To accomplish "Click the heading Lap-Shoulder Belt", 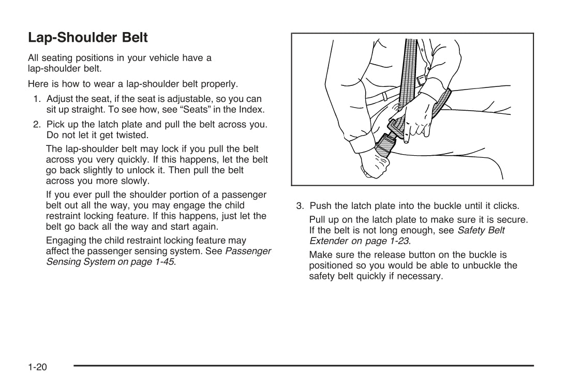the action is pos(88,38).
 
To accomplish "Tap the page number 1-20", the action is pos(37,367).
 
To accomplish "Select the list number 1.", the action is pos(37,99).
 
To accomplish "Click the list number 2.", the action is pos(37,125).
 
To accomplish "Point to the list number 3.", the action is pos(300,206).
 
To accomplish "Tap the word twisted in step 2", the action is pos(131,135).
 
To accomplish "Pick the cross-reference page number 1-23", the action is pos(398,241).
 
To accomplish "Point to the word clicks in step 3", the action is pos(506,206).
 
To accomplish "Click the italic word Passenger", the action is pos(248,251).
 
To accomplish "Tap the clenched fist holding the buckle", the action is pos(374,165).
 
